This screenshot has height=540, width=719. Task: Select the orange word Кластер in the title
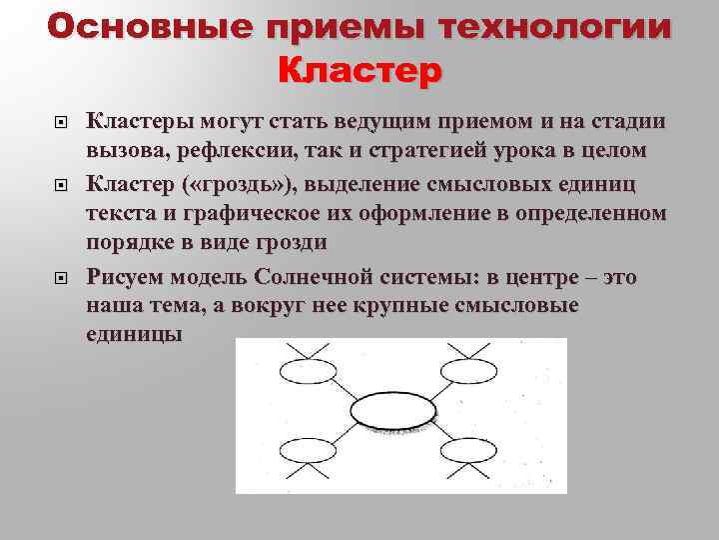pos(359,71)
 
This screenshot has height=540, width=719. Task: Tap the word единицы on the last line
pos(134,335)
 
